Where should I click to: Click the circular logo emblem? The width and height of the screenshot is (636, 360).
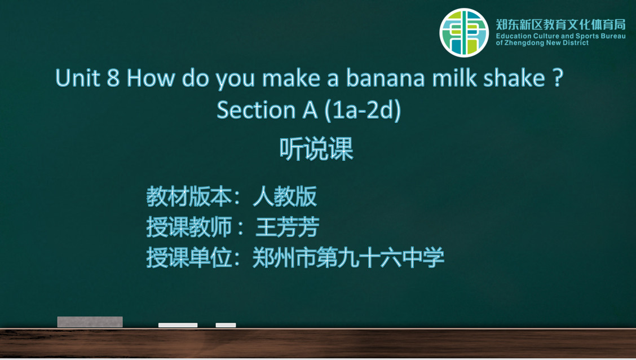pos(464,33)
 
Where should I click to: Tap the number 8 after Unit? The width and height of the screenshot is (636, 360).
pos(113,78)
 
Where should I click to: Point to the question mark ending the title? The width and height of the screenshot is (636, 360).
pos(558,77)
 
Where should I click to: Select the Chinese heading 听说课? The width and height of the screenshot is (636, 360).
pos(316,149)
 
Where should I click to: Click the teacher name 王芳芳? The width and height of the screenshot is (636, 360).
pos(288,227)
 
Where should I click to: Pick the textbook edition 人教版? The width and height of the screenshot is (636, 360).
pos(285,197)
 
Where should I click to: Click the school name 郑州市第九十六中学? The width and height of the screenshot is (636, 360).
pos(348,257)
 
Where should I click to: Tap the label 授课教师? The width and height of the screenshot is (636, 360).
pos(189,227)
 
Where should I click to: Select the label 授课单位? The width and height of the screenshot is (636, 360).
pos(189,257)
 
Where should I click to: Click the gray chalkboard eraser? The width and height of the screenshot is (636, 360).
pos(90,322)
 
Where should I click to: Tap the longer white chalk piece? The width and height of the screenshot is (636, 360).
pos(178,325)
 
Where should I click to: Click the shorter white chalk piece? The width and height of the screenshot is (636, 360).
pos(226,325)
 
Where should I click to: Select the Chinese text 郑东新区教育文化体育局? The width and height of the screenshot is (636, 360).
pos(560,25)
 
